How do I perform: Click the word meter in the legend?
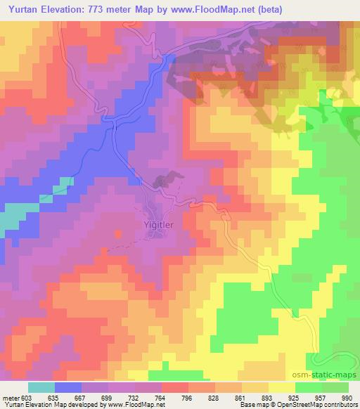click(10, 396)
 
